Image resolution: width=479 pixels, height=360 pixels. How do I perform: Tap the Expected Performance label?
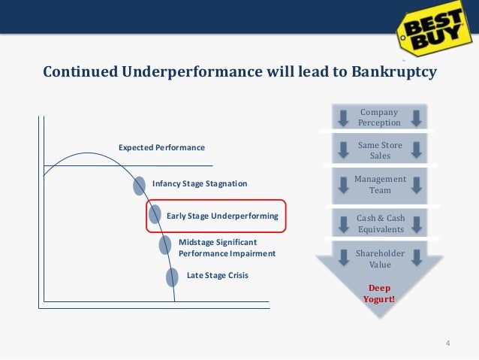[161, 147]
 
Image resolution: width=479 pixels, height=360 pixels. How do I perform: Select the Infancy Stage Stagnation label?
[199, 183]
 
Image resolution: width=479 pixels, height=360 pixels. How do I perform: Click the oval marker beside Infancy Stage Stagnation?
[140, 185]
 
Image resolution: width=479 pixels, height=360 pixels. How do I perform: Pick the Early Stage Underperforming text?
[222, 216]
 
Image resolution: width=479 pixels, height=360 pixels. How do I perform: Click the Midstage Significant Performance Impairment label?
[227, 248]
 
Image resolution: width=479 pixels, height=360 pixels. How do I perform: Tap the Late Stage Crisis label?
[217, 275]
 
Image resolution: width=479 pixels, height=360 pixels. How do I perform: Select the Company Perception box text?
[379, 117]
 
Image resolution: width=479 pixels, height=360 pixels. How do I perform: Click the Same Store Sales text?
[380, 150]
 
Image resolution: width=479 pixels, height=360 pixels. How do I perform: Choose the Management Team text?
[380, 185]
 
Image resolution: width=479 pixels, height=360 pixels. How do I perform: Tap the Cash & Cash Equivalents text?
[380, 223]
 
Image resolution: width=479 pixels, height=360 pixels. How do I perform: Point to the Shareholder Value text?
[380, 259]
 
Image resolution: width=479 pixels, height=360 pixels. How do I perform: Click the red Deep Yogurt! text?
[380, 295]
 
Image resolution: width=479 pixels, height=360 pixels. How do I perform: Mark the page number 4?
[448, 344]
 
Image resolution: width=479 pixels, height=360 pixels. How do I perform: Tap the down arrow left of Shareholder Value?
[342, 256]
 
